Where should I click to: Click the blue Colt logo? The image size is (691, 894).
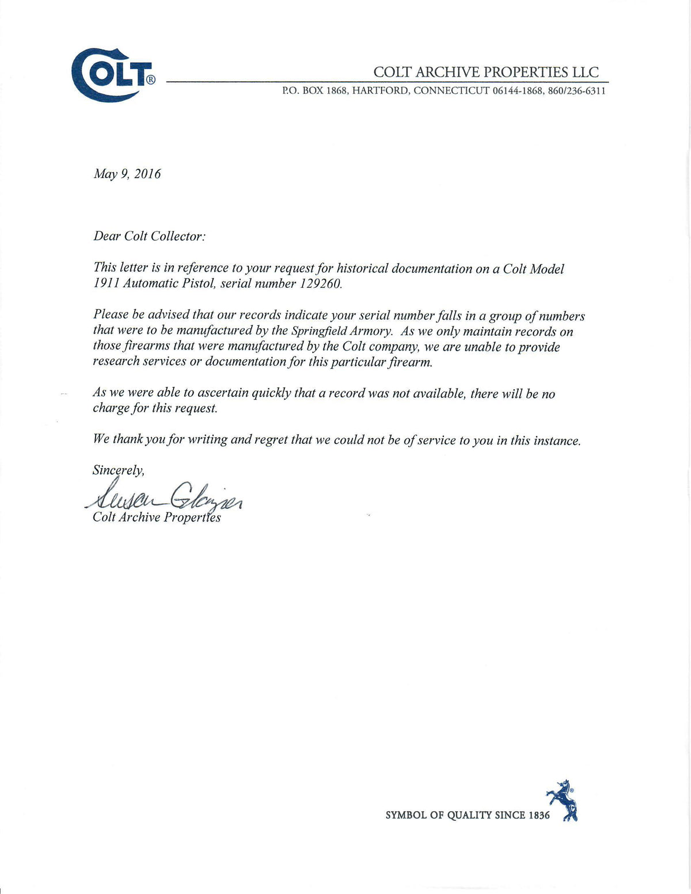113,75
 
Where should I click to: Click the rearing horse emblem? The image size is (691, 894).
563,800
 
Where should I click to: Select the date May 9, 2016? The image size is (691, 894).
127,174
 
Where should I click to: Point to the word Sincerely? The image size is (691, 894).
118,470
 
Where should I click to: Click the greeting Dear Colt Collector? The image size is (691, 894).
149,237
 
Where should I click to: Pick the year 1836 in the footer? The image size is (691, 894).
539,815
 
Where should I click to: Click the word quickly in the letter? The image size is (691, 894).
272,393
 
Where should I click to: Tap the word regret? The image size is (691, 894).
271,440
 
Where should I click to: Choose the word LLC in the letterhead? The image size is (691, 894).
585,72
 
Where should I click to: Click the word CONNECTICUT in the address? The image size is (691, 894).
451,91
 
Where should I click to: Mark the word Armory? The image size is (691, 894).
371,331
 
